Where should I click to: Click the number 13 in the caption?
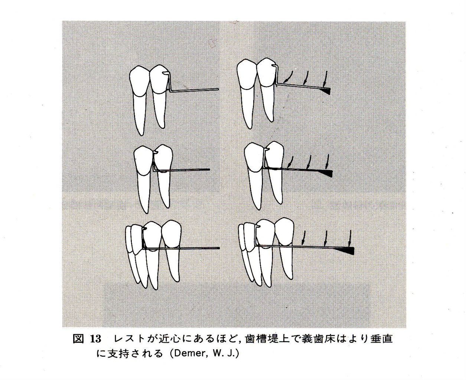point(95,339)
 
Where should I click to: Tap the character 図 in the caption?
point(78,339)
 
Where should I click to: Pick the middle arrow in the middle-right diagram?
point(309,161)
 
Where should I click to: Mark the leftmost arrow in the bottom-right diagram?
point(303,237)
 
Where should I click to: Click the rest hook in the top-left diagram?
point(166,73)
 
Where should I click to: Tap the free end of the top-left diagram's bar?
point(218,89)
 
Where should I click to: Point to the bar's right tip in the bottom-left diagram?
point(219,248)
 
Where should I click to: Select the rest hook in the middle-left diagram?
point(156,152)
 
